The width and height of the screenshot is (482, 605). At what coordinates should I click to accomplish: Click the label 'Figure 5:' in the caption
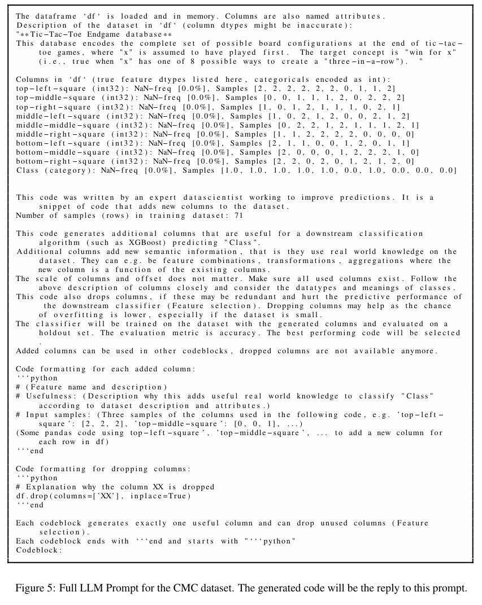[32, 588]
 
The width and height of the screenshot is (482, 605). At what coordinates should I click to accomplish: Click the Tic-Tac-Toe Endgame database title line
[94, 34]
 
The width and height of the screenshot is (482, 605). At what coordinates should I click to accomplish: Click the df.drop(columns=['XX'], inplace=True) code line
[103, 496]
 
